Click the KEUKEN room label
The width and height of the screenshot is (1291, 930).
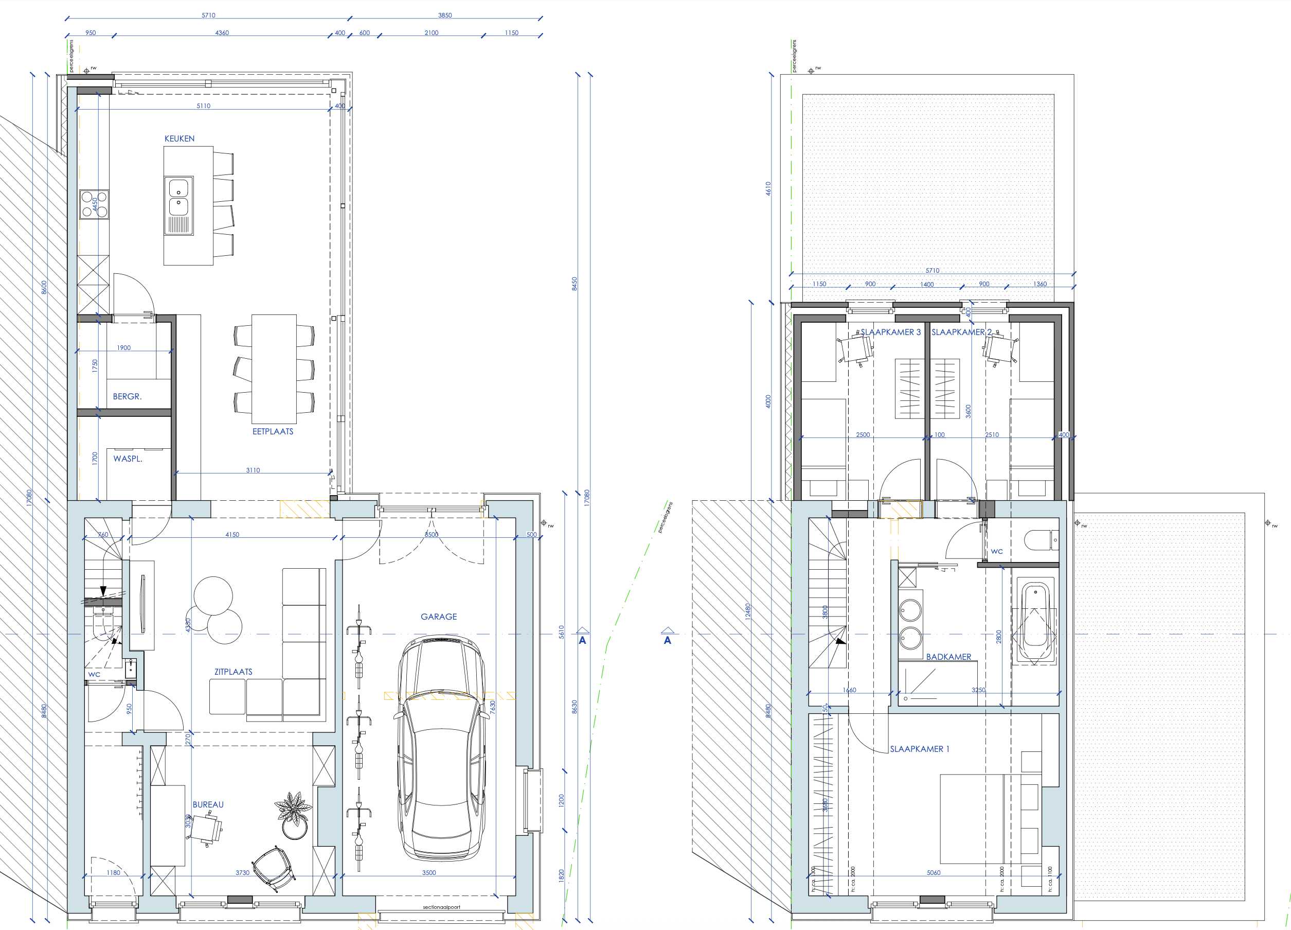click(180, 138)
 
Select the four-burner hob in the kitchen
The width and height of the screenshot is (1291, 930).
click(95, 204)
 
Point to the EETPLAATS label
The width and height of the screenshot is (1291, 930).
click(273, 431)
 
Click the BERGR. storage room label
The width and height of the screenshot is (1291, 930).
click(127, 396)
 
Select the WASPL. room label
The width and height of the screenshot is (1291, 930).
click(128, 459)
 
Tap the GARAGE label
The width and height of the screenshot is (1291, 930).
click(438, 616)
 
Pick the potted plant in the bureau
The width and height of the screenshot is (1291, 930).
click(293, 812)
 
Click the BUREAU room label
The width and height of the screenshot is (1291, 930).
click(208, 804)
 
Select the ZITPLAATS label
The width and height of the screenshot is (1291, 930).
click(234, 672)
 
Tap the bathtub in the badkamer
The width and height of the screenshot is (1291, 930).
click(1035, 622)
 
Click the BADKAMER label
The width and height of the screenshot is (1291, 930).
click(948, 657)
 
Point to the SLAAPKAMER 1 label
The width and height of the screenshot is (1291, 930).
click(919, 749)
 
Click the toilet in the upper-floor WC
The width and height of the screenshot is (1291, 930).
click(1040, 539)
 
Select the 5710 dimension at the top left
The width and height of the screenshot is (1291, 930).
click(208, 15)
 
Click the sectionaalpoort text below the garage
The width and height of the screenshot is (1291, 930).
click(441, 907)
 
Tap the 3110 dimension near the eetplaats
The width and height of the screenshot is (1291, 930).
click(253, 470)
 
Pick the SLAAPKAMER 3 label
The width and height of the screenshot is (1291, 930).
click(890, 332)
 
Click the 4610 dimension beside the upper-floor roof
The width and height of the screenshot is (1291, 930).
click(768, 188)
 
